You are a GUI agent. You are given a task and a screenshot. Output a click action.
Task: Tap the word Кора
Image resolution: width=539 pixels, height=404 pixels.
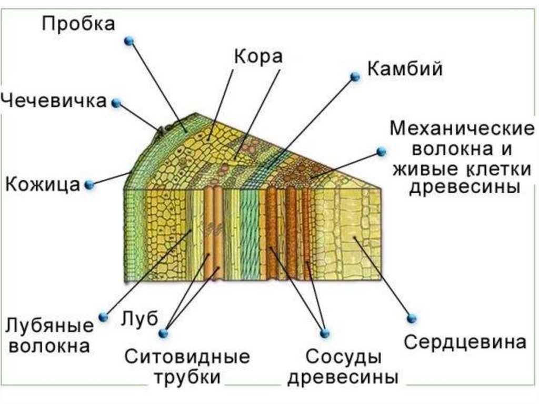(258, 57)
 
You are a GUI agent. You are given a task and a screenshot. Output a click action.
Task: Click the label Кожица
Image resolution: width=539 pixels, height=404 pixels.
(43, 184)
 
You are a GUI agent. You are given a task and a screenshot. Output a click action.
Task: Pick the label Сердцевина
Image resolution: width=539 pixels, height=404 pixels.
(465, 342)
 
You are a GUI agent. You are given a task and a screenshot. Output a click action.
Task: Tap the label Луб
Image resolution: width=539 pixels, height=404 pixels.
(139, 318)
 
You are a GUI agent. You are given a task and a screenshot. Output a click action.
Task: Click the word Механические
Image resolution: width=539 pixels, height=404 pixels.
(462, 129)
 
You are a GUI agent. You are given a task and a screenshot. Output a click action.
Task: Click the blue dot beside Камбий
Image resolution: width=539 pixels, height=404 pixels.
(355, 77)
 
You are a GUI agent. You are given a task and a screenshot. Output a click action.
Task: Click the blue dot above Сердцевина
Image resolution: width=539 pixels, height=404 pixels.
(412, 318)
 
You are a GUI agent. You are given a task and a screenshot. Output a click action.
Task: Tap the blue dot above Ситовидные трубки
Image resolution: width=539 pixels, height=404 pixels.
(163, 333)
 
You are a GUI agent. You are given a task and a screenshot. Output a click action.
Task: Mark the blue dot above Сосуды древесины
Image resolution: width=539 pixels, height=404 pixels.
(324, 333)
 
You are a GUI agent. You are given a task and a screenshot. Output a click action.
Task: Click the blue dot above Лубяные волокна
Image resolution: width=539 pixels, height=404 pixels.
(104, 317)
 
